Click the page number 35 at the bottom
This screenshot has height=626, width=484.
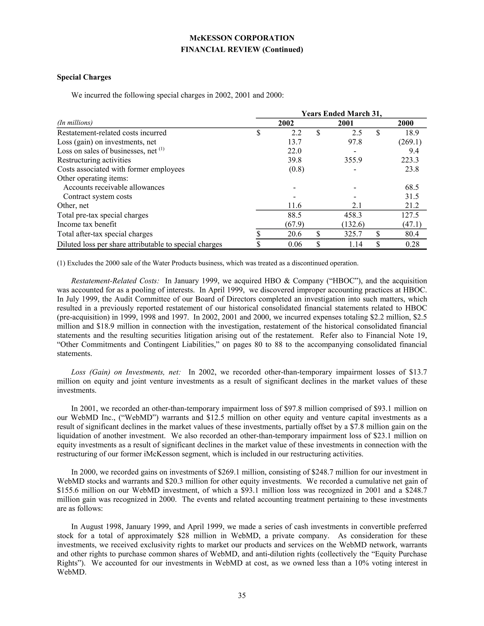[x=242, y=596]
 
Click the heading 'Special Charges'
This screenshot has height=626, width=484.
[x=84, y=77]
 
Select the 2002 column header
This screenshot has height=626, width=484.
[x=286, y=123]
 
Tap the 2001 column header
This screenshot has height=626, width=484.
[x=346, y=123]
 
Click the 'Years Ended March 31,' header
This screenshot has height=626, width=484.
[x=341, y=114]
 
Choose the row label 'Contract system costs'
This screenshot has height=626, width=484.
[x=98, y=197]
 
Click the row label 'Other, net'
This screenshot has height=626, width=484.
[x=73, y=206]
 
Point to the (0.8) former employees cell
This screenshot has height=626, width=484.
[x=296, y=169]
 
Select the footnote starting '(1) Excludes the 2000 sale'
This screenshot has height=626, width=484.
[x=207, y=263]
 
